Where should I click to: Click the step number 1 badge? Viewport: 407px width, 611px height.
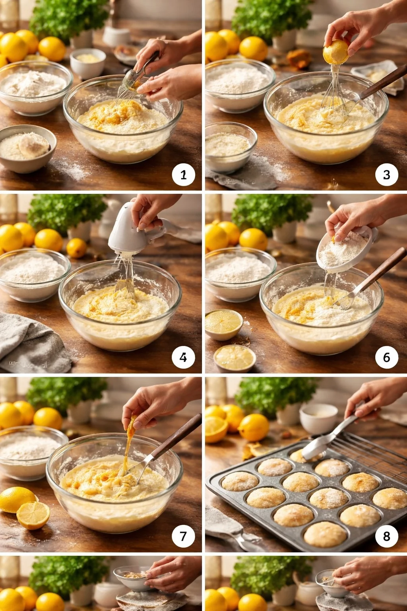click(183, 175)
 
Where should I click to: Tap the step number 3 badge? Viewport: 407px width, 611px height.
click(386, 175)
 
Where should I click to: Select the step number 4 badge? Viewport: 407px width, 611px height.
click(183, 357)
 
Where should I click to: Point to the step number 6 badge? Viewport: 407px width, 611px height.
click(386, 357)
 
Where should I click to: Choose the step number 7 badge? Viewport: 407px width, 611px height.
click(183, 536)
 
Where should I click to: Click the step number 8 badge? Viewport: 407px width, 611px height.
click(386, 536)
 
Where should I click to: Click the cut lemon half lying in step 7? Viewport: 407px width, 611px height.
click(33, 515)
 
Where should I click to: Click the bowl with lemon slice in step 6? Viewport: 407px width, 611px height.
click(223, 324)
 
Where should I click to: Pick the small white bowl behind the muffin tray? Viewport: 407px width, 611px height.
click(318, 418)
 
